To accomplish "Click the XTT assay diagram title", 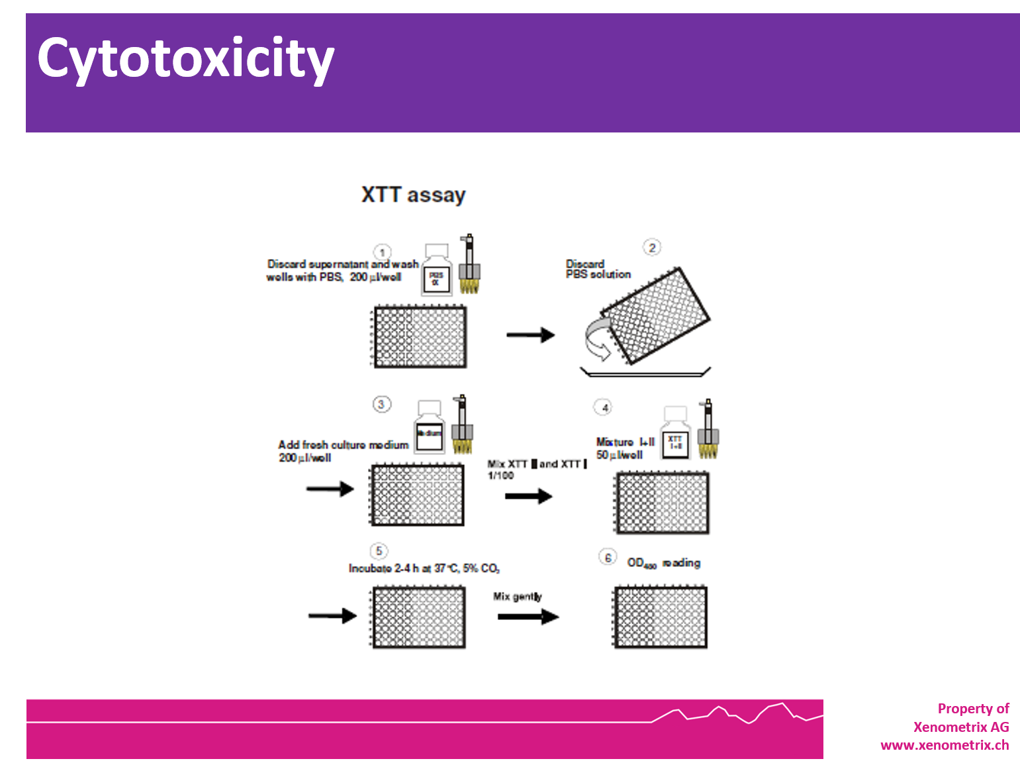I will [413, 195].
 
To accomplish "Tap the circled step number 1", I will [382, 252].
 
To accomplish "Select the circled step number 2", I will [652, 248].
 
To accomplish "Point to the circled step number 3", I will [381, 404].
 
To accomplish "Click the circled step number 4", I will [604, 407].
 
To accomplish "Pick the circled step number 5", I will [379, 551].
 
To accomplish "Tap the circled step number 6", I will [608, 558].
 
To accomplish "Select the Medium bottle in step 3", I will [429, 427].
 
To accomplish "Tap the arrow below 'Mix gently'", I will [528, 617].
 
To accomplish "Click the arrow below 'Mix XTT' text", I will [528, 496].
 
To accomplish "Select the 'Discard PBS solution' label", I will [598, 269].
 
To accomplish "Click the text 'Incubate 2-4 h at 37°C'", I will [424, 568].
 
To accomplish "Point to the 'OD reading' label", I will [663, 563].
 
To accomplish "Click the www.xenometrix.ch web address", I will [945, 745].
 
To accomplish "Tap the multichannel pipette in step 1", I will [469, 265].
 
